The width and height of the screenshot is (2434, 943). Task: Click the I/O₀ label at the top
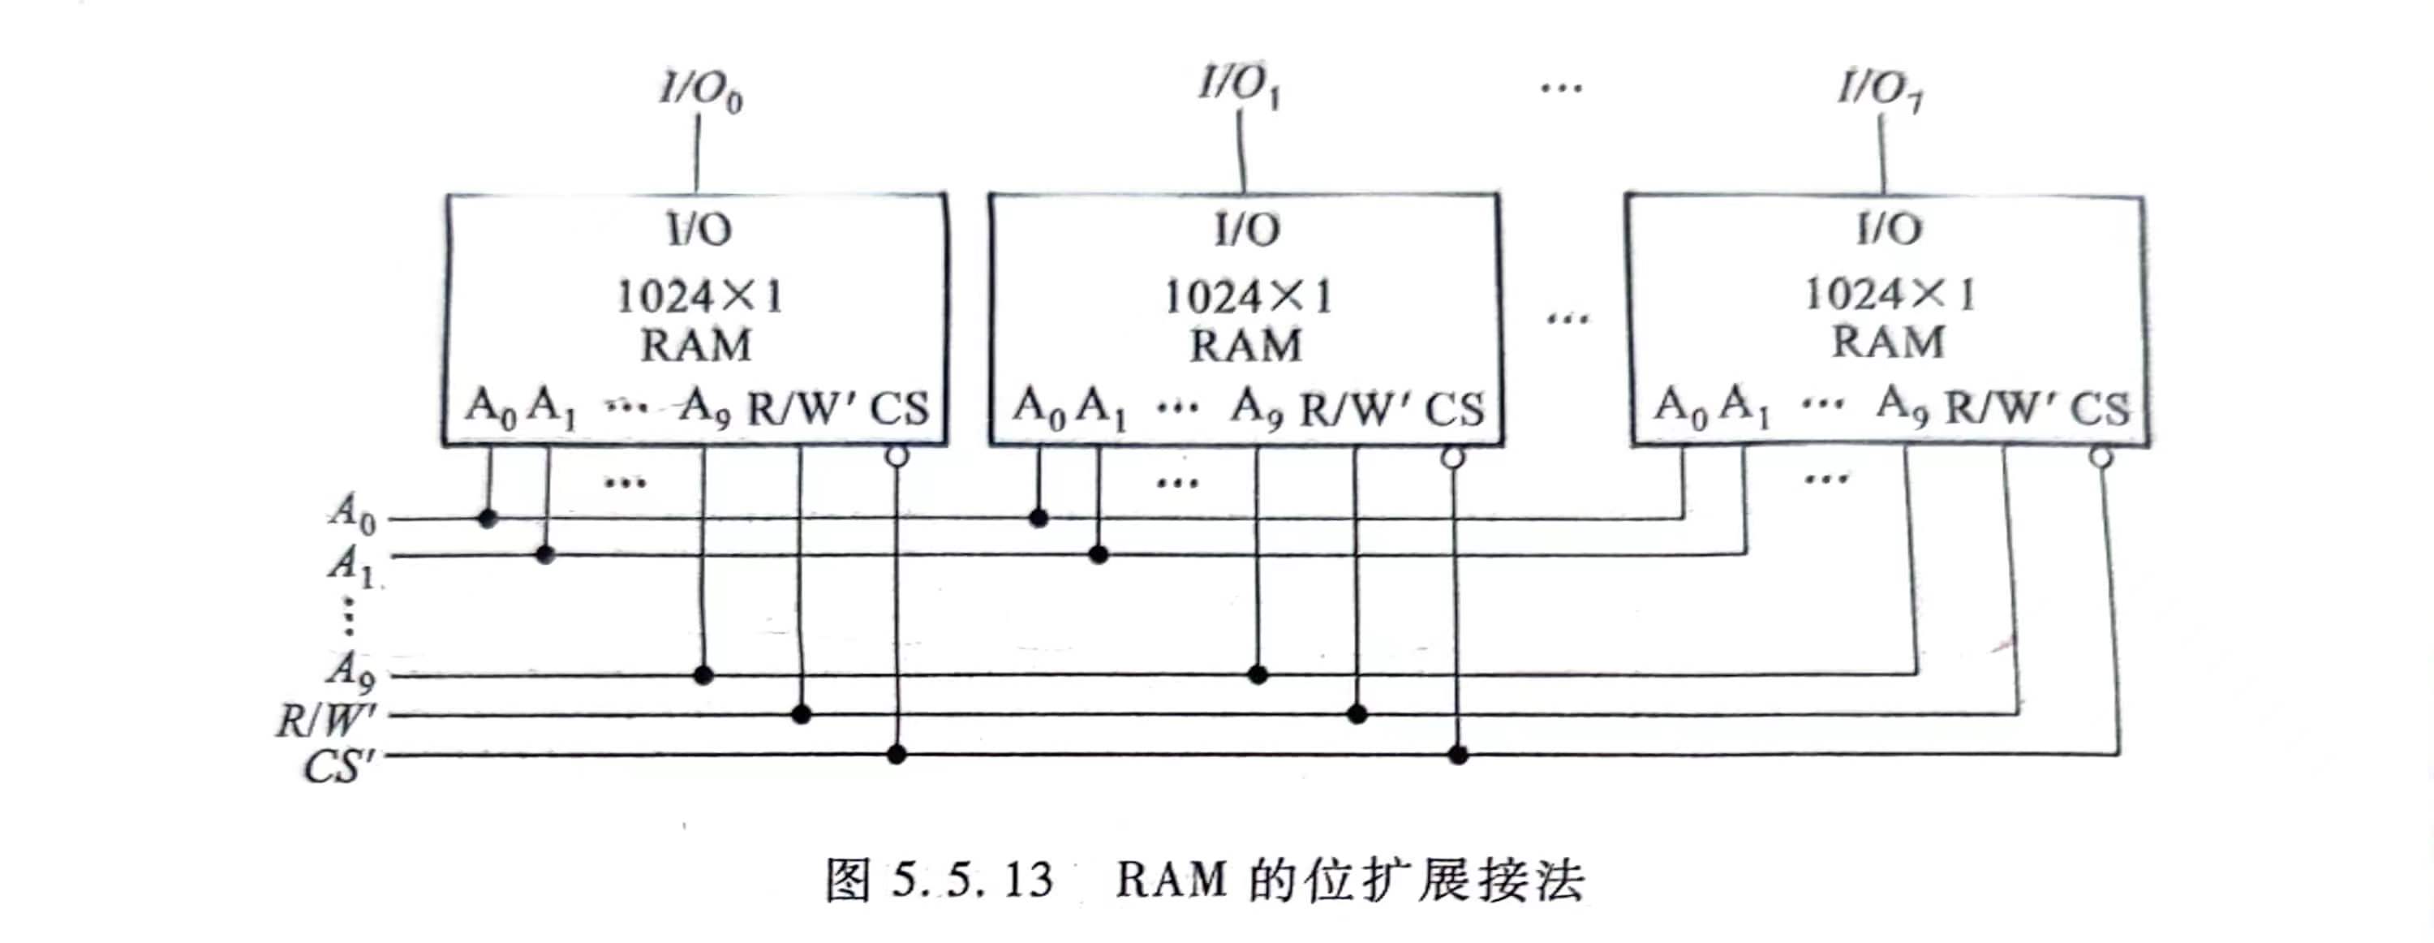(700, 91)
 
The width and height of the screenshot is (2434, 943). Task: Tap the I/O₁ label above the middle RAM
(1239, 86)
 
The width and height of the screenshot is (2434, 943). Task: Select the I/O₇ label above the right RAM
(1881, 91)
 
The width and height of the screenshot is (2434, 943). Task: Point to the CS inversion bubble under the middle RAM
(1453, 459)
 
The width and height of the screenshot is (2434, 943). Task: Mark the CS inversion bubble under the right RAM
(2101, 459)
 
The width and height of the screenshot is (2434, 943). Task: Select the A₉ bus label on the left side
(351, 671)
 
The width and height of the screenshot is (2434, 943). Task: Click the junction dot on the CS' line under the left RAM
(897, 754)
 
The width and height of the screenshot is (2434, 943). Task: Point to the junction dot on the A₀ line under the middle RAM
(1039, 518)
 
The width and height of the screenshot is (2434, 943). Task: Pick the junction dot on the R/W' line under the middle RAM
(1357, 714)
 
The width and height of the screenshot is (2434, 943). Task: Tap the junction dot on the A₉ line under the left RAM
(703, 674)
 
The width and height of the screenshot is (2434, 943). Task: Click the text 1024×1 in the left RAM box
(699, 298)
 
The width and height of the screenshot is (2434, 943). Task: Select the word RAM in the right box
(1888, 342)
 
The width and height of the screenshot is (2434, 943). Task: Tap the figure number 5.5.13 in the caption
(972, 880)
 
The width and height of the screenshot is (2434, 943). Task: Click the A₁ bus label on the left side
(352, 564)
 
